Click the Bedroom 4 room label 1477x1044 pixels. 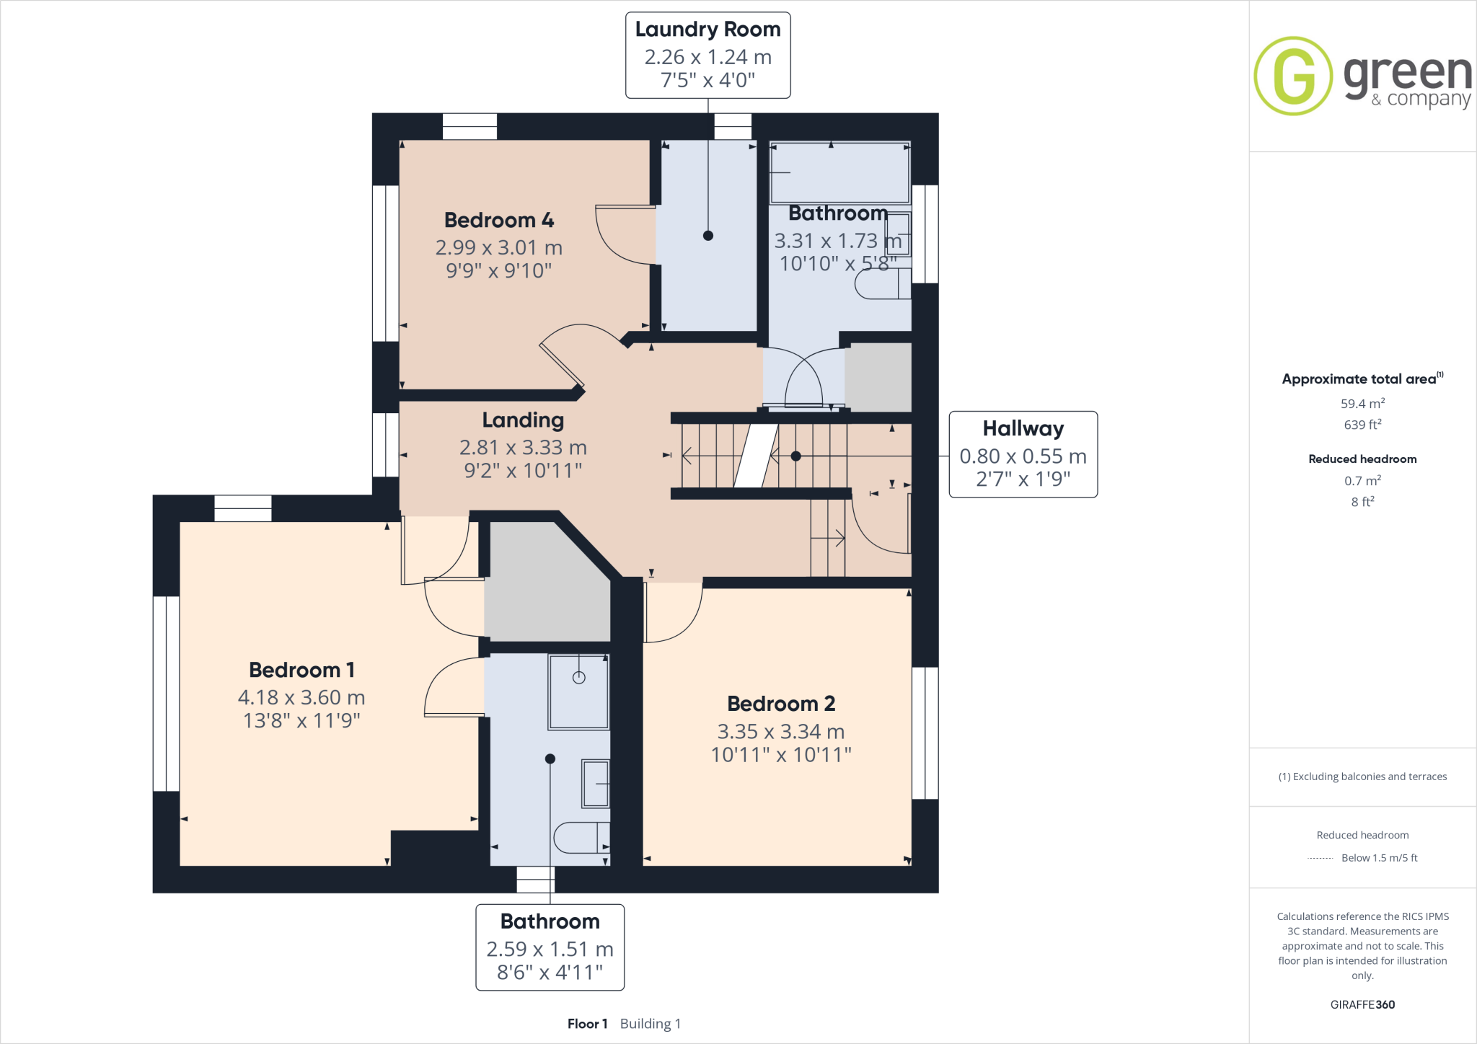click(x=498, y=220)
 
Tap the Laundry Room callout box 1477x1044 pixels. click(x=707, y=55)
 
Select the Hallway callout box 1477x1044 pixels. click(x=1023, y=454)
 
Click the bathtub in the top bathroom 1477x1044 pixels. click(x=839, y=173)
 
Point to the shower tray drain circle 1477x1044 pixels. click(x=578, y=678)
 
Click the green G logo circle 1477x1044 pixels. click(x=1293, y=76)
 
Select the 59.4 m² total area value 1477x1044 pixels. click(x=1362, y=404)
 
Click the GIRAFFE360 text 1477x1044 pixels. click(x=1362, y=1004)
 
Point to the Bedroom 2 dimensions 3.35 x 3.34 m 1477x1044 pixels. click(x=780, y=732)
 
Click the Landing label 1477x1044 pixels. click(x=523, y=420)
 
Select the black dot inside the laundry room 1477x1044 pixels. click(x=707, y=236)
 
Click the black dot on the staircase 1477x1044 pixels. click(x=795, y=456)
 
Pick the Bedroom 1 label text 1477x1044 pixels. click(x=301, y=670)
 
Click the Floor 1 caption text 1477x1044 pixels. click(x=587, y=1024)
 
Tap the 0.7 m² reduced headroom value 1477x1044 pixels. click(x=1362, y=480)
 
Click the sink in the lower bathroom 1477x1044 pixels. click(x=596, y=784)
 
